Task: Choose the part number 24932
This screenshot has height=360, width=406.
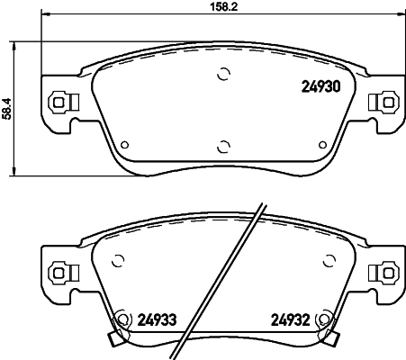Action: [x=291, y=318]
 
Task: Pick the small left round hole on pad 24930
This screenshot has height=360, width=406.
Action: [x=124, y=143]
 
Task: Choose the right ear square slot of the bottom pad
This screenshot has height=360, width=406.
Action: [x=388, y=269]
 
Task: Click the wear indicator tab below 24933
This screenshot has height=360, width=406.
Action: [x=113, y=339]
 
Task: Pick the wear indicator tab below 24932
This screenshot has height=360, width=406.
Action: [x=332, y=340]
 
